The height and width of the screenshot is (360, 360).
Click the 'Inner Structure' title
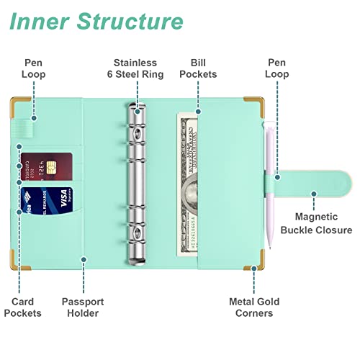(x=96, y=22)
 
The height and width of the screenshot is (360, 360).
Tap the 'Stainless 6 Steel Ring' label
(x=135, y=68)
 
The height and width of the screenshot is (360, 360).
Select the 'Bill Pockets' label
(x=198, y=68)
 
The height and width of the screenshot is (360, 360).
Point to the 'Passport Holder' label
(x=83, y=307)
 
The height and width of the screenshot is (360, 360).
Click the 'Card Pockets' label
(x=22, y=307)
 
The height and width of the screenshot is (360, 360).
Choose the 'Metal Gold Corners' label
(x=254, y=307)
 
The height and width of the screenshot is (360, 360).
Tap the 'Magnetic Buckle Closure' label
(x=316, y=223)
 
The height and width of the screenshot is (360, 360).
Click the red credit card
(x=46, y=167)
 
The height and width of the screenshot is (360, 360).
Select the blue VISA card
(x=47, y=201)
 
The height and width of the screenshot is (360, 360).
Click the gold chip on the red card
(x=51, y=167)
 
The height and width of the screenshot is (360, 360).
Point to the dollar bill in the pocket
(x=187, y=184)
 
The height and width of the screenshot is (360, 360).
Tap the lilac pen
(x=269, y=185)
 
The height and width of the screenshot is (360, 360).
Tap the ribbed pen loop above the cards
(x=23, y=129)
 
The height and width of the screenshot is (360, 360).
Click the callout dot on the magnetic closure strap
(x=314, y=194)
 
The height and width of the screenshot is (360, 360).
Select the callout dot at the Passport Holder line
(x=84, y=259)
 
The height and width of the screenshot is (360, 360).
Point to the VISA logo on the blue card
(x=64, y=198)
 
